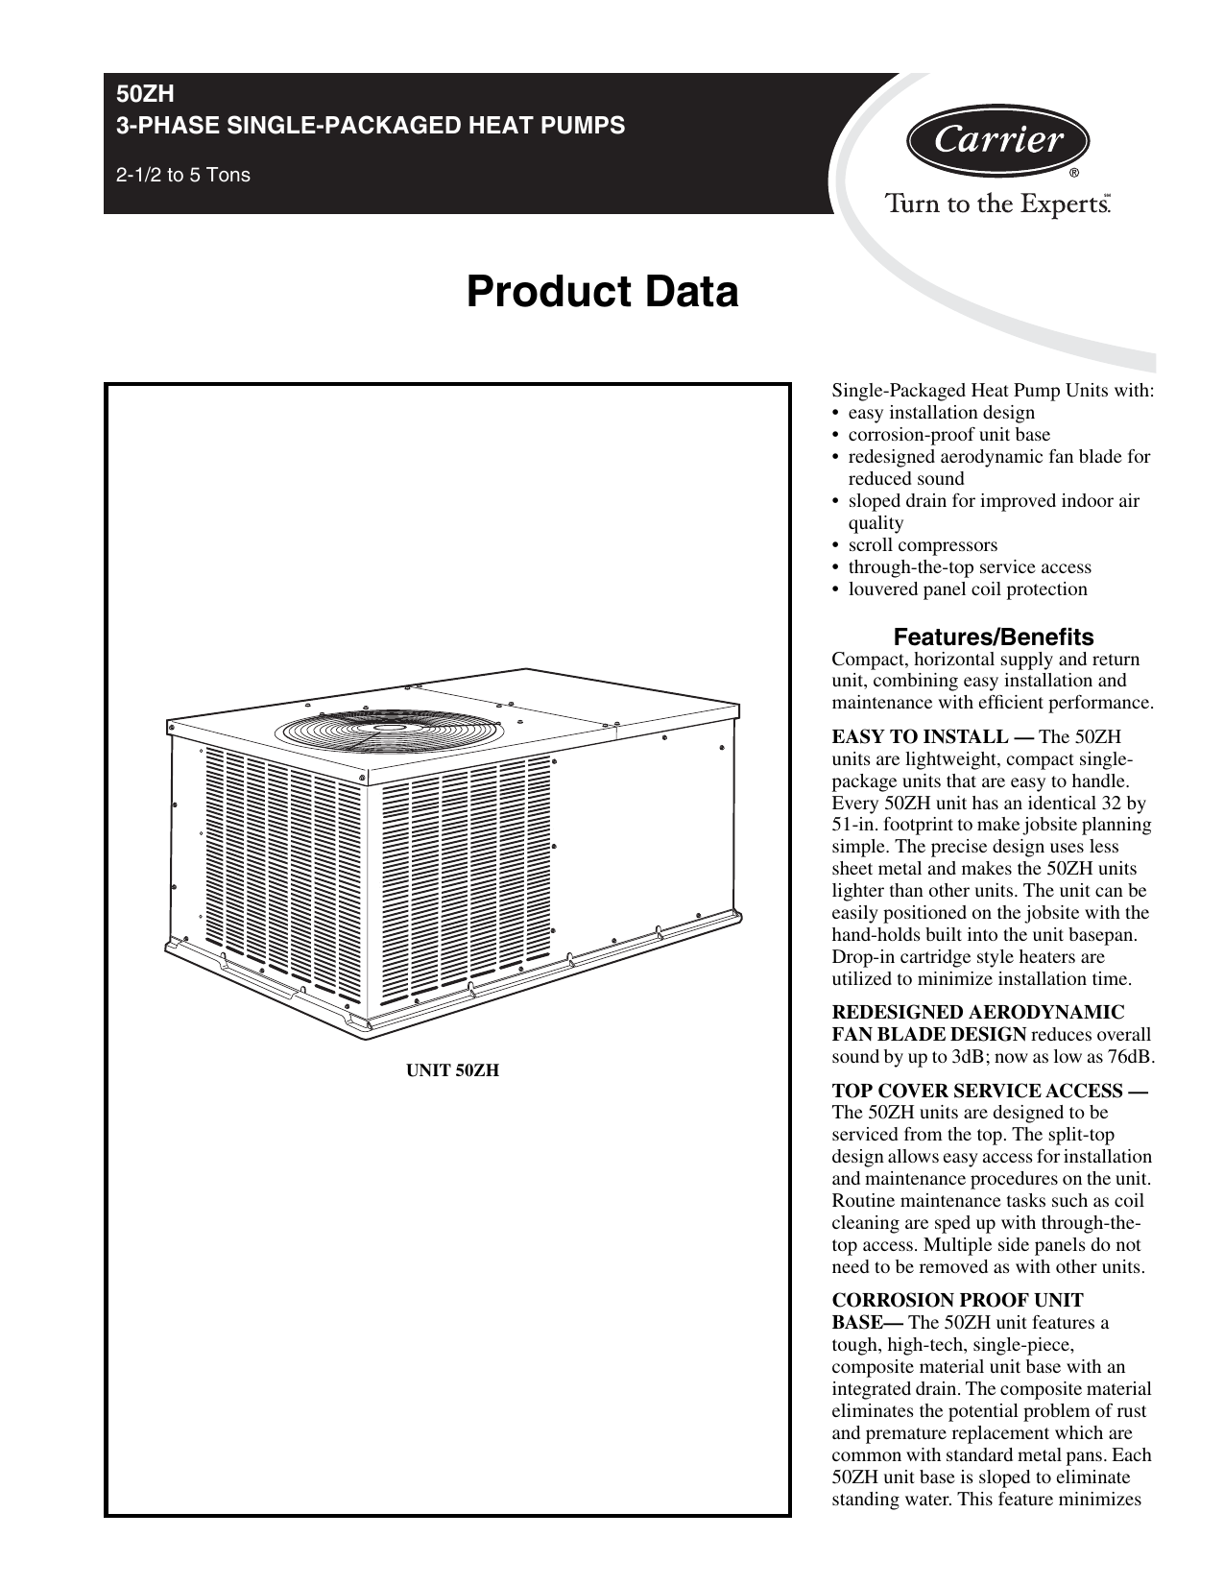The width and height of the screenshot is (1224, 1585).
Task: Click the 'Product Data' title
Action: pos(602,292)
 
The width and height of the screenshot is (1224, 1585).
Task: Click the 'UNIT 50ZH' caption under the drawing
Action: pos(453,1069)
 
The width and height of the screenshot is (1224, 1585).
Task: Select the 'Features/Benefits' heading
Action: pos(993,636)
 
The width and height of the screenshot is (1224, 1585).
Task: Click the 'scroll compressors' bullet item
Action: pos(923,545)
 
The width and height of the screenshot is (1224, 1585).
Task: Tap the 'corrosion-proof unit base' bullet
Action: pos(948,435)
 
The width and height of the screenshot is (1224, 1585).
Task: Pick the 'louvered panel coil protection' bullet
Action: pos(968,589)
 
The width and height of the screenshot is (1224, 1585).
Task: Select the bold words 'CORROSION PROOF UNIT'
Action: pos(957,1300)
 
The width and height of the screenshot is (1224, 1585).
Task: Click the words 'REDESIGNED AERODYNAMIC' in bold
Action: pos(977,1013)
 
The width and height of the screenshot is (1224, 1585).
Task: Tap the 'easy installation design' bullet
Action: pos(941,413)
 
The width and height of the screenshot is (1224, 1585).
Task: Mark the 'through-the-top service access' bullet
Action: pos(970,567)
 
